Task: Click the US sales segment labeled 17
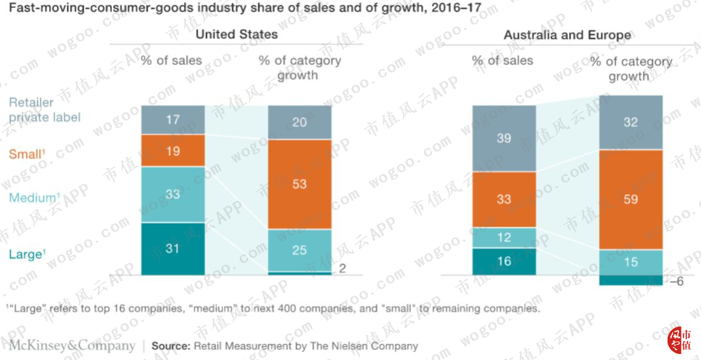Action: (173, 120)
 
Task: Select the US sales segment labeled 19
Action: (173, 151)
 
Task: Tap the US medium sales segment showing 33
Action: (173, 195)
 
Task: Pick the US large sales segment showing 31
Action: (173, 249)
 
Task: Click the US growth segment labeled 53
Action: (300, 184)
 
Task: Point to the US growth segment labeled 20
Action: (300, 122)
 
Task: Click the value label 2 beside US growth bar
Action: (342, 268)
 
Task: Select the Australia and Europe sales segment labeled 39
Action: (504, 138)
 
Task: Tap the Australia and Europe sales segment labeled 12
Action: (504, 238)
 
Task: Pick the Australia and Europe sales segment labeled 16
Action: (504, 261)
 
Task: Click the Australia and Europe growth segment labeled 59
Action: (630, 199)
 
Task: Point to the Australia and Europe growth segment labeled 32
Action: (630, 122)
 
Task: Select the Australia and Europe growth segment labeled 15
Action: (630, 263)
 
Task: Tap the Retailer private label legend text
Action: (45, 110)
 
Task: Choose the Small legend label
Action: (28, 154)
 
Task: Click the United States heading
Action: (237, 35)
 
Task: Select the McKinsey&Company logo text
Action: (72, 345)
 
